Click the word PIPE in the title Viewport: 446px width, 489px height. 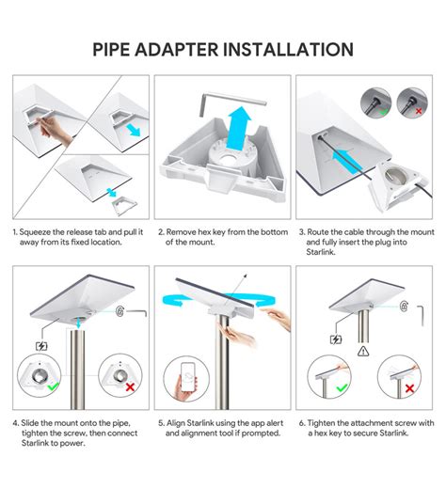(111, 50)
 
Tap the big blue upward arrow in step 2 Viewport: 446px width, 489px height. (240, 128)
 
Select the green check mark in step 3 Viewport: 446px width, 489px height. (383, 111)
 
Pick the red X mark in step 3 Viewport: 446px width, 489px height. (419, 111)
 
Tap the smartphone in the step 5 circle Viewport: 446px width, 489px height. (188, 377)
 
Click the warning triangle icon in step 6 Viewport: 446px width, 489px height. (363, 351)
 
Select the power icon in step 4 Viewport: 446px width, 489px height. (41, 346)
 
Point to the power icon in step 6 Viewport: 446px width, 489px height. (336, 339)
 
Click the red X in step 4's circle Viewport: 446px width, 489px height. (130, 387)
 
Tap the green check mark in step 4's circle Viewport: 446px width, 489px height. (53, 386)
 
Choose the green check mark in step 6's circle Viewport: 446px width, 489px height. (342, 388)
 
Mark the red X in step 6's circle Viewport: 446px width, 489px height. (409, 388)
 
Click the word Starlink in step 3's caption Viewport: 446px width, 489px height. (321, 252)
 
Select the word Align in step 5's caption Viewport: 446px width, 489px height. (176, 423)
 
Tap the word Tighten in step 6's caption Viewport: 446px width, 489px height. (321, 423)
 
